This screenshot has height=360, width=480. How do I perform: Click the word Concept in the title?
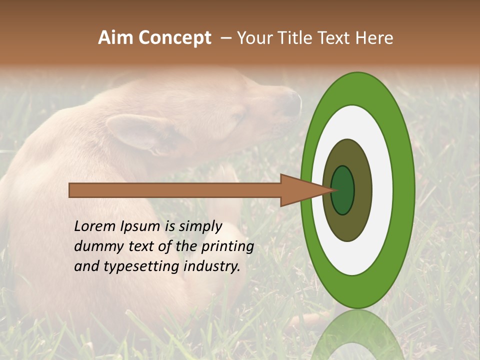(x=175, y=38)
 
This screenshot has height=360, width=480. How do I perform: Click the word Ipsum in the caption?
(x=141, y=226)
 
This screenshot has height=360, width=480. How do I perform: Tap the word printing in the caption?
(x=227, y=246)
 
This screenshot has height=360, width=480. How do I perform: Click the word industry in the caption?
(x=212, y=266)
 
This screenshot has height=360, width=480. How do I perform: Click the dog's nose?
(x=292, y=102)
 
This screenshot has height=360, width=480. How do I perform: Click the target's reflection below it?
(x=357, y=335)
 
